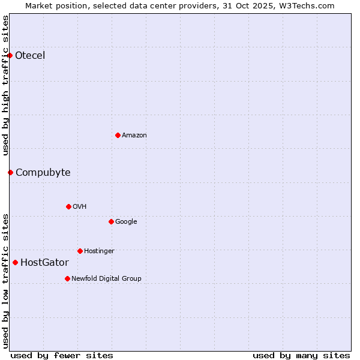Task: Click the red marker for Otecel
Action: tap(10, 56)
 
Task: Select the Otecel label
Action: tap(30, 56)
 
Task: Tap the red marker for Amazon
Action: tap(118, 135)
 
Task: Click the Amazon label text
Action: tap(134, 136)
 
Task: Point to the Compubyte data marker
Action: tap(10, 173)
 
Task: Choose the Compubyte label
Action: tap(43, 173)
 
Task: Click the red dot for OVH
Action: tap(68, 206)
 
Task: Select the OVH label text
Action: tap(80, 207)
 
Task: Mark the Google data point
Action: tap(111, 221)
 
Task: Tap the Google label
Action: tap(126, 222)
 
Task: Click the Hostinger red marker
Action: tap(80, 251)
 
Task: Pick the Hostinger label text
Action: tap(99, 251)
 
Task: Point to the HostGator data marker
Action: tap(15, 262)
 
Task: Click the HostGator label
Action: tap(44, 263)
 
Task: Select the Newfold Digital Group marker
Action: tap(67, 278)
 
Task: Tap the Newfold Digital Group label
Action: tap(106, 279)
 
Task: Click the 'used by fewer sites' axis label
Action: tap(62, 355)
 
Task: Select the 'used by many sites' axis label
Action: tap(301, 355)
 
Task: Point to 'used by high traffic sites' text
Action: tap(5, 85)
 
